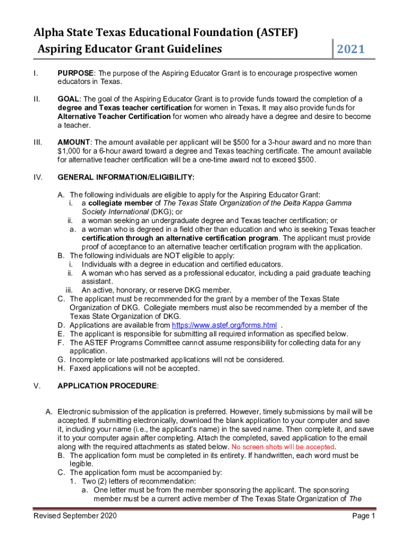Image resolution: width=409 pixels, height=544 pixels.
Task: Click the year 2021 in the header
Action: (351, 49)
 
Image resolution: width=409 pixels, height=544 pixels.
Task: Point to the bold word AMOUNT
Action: (74, 142)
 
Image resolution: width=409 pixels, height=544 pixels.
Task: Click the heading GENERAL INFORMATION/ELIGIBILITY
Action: (126, 177)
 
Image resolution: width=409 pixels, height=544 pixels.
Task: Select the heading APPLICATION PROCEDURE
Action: (107, 386)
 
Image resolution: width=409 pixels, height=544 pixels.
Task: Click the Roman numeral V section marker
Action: (37, 386)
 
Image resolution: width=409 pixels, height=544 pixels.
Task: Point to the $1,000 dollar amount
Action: (69, 151)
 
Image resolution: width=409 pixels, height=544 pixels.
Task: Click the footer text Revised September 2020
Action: (75, 516)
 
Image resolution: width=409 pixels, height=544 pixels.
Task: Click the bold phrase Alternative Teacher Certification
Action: (114, 116)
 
